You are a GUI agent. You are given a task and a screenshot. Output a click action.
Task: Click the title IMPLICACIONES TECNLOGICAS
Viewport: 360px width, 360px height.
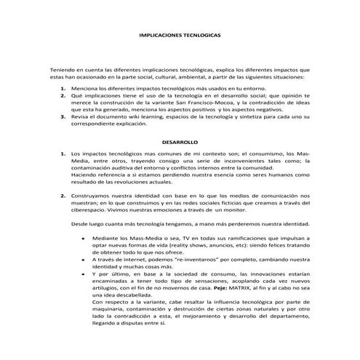click(180, 34)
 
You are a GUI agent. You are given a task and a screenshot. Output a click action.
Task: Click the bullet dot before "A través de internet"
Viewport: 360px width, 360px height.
click(84, 260)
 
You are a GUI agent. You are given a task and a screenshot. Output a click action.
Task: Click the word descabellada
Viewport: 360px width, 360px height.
click(125, 295)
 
